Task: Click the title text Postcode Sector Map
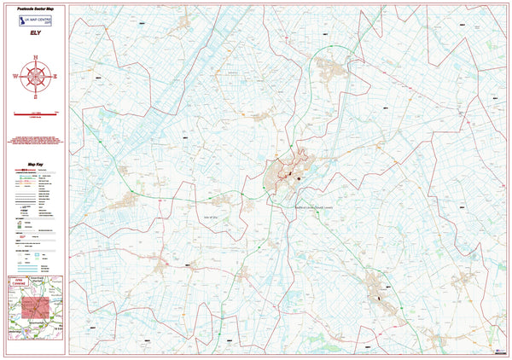35,7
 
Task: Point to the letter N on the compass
35,56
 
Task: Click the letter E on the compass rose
55,75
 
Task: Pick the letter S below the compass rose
35,95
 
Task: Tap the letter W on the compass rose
15,75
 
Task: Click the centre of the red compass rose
35,75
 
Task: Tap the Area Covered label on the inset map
19,281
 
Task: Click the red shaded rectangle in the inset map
35,308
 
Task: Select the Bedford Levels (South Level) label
318,205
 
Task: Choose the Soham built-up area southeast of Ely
380,291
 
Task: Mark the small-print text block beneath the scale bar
35,141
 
